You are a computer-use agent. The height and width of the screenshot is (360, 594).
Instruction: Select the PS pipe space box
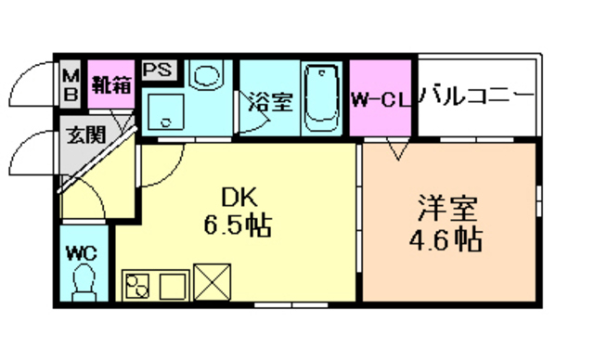tap(155, 70)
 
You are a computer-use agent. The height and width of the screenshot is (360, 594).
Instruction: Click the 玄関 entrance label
tap(81, 135)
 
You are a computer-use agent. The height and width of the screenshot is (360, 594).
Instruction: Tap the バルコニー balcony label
tap(476, 96)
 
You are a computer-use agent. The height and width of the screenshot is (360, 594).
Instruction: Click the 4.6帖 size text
tap(446, 240)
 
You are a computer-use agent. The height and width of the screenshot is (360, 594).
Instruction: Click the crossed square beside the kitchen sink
tap(214, 282)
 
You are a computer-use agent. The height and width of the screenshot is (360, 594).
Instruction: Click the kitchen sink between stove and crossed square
tap(177, 282)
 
